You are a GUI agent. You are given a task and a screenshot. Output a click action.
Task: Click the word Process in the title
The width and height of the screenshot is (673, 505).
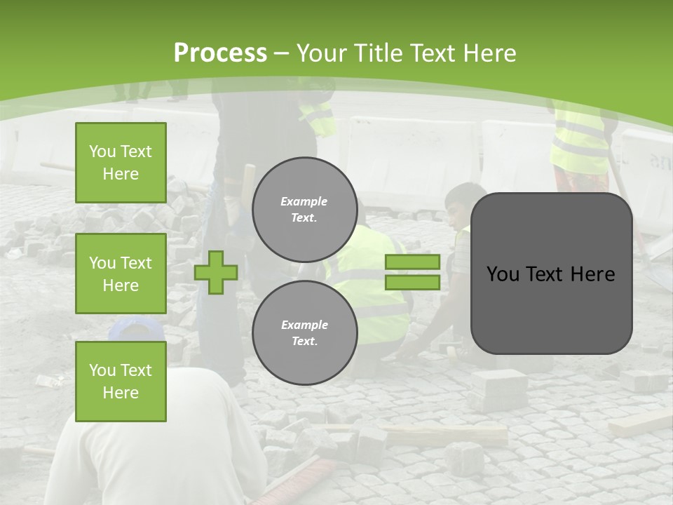click(x=220, y=53)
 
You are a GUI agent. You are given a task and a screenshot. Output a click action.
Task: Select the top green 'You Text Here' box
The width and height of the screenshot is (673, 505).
click(x=121, y=163)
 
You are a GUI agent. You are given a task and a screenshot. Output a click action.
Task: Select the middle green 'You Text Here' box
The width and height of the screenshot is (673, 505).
click(x=121, y=274)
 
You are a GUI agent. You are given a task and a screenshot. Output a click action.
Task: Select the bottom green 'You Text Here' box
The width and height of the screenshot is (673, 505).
click(x=121, y=381)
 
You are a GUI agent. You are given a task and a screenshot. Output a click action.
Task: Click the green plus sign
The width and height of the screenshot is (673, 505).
click(x=216, y=272)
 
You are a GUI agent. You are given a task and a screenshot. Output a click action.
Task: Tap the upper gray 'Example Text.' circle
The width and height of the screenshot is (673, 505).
click(x=304, y=210)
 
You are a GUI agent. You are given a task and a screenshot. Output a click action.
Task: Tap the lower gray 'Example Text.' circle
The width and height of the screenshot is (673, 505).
click(x=304, y=333)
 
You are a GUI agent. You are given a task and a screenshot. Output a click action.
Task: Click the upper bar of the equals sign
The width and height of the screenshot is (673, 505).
click(x=413, y=262)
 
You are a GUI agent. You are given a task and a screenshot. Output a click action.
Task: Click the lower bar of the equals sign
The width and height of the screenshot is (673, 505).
click(x=413, y=283)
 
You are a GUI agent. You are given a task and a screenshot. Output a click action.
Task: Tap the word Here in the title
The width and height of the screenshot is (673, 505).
click(x=486, y=53)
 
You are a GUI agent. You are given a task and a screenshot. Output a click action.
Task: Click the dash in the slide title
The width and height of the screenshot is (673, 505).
click(x=281, y=53)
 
